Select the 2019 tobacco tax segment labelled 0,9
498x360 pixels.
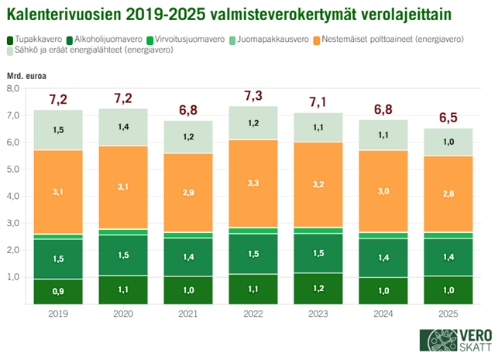(59, 291)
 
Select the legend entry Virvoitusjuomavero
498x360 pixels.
(190, 39)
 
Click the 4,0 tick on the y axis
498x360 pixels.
(12, 196)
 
